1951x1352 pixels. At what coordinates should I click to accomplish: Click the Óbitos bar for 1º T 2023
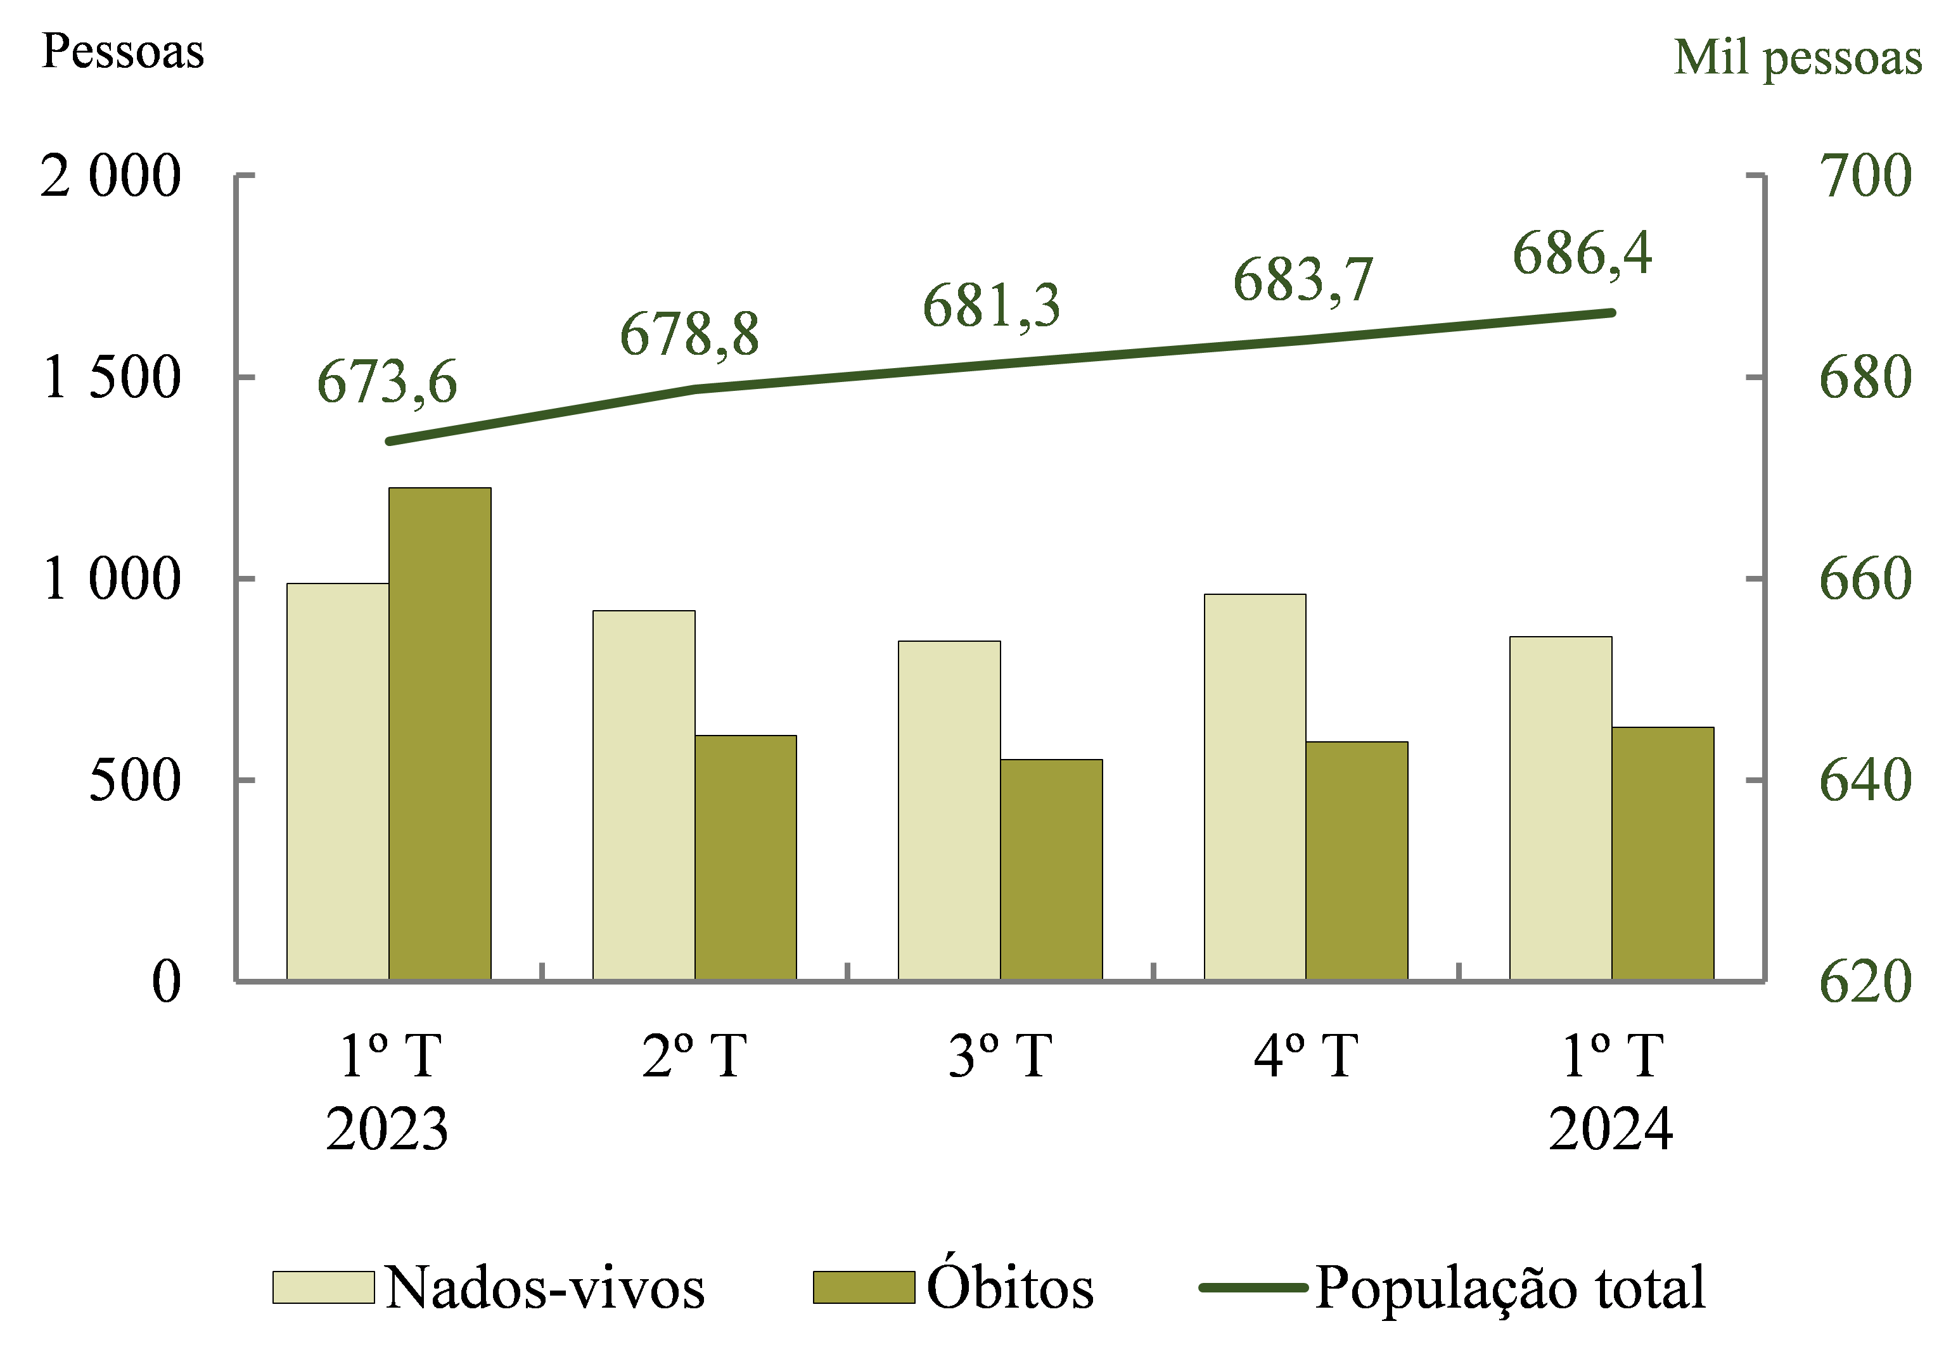440,734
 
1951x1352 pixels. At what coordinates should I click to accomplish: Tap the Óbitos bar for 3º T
1051,869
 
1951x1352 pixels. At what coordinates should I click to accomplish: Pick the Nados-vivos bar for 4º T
1255,787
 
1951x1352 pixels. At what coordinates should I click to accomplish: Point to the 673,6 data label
387,382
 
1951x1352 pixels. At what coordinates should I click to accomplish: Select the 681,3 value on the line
991,306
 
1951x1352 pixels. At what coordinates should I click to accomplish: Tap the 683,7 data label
1302,281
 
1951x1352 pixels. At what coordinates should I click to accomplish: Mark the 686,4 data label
1582,253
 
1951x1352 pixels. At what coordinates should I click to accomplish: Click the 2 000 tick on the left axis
111,176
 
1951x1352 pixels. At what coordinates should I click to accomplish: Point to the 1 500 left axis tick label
111,378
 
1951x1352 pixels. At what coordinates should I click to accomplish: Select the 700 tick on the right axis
1865,176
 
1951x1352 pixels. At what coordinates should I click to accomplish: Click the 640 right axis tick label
1865,780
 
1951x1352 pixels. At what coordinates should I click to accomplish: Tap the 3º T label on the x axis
1001,1056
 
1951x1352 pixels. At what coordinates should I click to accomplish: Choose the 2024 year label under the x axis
1611,1129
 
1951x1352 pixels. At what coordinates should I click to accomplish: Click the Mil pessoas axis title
1798,58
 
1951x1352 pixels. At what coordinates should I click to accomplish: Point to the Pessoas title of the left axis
123,52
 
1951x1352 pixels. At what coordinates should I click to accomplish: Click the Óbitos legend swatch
863,1287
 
